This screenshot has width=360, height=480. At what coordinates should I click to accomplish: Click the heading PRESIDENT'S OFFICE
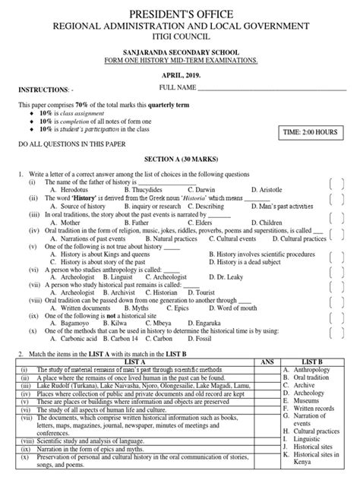click(180, 14)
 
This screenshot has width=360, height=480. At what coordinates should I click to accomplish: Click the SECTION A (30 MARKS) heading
click(179, 162)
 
